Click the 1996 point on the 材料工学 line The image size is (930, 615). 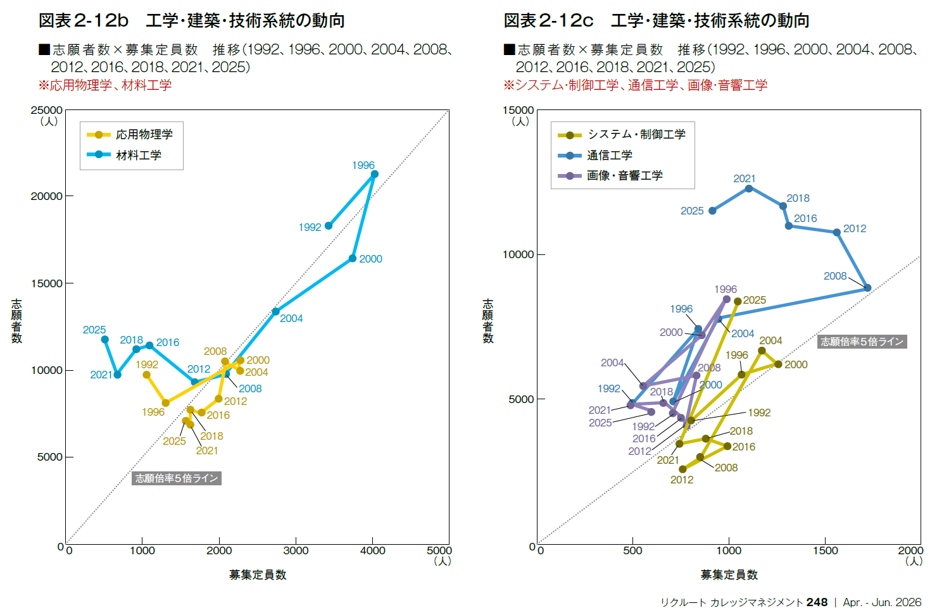pos(374,174)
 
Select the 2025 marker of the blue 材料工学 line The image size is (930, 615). pos(104,340)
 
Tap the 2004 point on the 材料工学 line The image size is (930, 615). pos(275,311)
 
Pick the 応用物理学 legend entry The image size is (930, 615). pos(130,135)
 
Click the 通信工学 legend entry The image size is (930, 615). pos(596,155)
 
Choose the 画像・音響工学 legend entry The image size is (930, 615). pos(610,175)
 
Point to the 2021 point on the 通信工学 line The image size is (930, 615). pos(749,189)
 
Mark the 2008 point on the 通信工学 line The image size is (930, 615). pos(867,288)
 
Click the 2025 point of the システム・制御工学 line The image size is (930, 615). pos(738,302)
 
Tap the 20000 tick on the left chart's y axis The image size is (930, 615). pos(47,196)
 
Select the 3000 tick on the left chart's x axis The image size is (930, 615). pos(296,550)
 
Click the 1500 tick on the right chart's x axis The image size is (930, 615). pos(825,550)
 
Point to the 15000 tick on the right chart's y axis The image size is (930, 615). pos(518,110)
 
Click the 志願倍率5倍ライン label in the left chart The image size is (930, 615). pos(177,478)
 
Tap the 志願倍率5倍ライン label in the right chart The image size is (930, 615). pos(862,342)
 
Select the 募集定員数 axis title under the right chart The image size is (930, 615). pos(729,575)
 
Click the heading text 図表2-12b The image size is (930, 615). pos(84,21)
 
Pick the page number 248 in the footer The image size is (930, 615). pos(817,602)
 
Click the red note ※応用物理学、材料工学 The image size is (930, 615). pos(104,85)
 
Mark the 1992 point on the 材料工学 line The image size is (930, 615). pos(328,226)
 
